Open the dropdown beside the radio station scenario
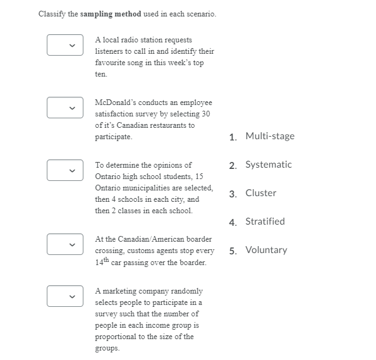[65, 44]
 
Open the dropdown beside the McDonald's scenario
[65, 107]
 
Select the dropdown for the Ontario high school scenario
[65, 170]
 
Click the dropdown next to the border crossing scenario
[65, 244]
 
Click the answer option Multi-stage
[270, 136]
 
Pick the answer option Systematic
[269, 164]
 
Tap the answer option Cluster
[260, 193]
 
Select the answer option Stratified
[265, 221]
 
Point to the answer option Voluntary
[266, 250]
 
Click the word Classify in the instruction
[51, 14]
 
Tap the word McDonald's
[116, 102]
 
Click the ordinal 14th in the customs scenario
[102, 262]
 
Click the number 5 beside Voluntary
[233, 251]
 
